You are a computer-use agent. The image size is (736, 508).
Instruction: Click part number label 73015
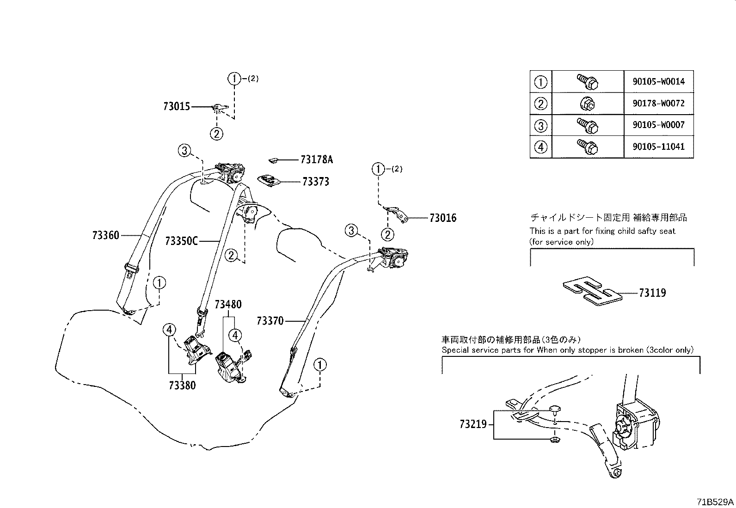[x=176, y=107]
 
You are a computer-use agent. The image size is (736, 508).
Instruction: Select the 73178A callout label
[x=316, y=160]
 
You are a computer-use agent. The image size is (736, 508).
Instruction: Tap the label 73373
[x=316, y=182]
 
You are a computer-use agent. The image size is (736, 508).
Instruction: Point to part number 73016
[x=442, y=218]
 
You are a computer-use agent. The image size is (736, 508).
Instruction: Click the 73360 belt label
[x=105, y=235]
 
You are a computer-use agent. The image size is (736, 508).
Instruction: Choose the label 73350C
[x=181, y=241]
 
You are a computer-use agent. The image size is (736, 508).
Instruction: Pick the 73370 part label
[x=270, y=320]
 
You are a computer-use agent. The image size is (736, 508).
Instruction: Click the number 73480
[x=227, y=305]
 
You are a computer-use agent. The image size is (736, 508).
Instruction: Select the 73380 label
[x=182, y=386]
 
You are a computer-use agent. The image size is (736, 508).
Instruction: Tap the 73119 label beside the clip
[x=652, y=293]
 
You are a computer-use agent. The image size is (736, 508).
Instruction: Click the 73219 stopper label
[x=473, y=424]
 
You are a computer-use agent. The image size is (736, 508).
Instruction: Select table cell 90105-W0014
[x=659, y=82]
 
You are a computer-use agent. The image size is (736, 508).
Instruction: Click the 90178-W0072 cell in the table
[x=659, y=104]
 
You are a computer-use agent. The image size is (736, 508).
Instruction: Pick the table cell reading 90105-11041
[x=659, y=147]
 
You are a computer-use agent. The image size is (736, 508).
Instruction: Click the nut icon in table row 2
[x=587, y=104]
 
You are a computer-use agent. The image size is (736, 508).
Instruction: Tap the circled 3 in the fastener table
[x=540, y=125]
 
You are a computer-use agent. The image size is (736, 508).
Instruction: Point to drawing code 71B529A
[x=715, y=502]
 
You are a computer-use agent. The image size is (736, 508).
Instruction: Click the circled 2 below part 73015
[x=216, y=134]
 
